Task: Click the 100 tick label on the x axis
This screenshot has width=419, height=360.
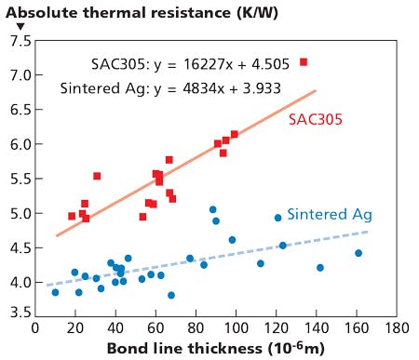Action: [236, 328]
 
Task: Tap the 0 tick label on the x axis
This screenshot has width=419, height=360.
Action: [35, 328]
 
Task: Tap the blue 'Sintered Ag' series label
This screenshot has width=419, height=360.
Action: [330, 214]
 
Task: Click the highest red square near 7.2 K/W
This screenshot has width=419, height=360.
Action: [304, 61]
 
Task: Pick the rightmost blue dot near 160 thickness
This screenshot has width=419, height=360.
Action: [358, 253]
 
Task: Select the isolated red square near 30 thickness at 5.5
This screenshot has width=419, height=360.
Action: [97, 176]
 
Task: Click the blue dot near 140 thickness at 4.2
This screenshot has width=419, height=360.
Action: [320, 268]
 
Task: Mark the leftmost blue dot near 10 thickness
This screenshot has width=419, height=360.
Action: [55, 292]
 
